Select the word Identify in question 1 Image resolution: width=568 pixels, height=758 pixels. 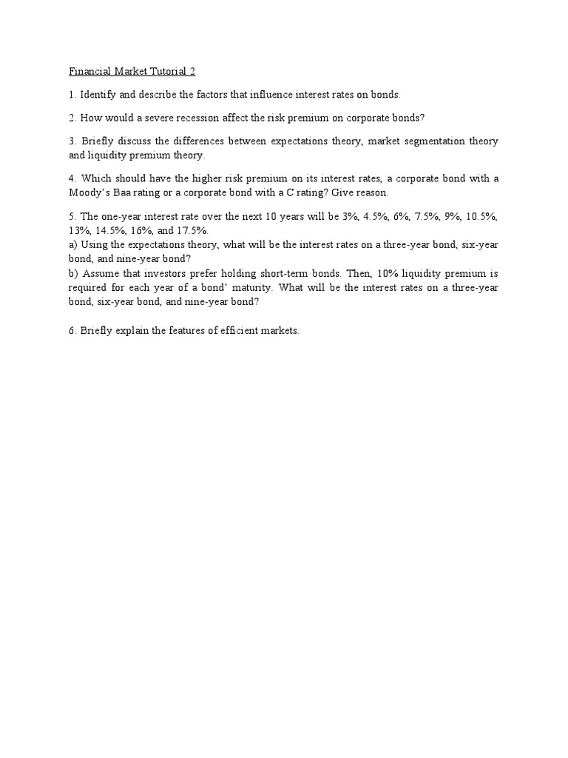98,95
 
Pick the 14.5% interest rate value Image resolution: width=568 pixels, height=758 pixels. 109,230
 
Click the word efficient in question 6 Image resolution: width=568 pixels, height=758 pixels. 236,331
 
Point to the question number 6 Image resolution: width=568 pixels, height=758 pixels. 72,331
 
